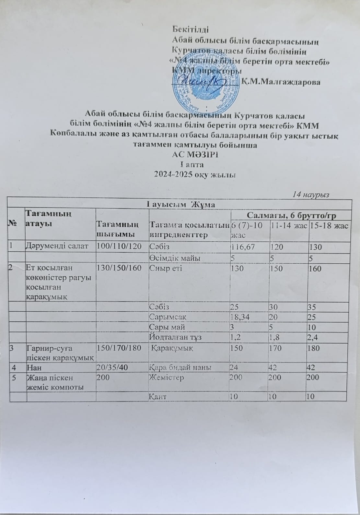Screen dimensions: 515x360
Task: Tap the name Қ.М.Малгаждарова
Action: pyautogui.click(x=281, y=82)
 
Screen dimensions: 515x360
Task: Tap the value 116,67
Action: pyautogui.click(x=242, y=247)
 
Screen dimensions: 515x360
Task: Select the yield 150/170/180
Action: pyautogui.click(x=118, y=349)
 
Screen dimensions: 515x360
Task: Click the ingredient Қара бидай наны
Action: pyautogui.click(x=180, y=368)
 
